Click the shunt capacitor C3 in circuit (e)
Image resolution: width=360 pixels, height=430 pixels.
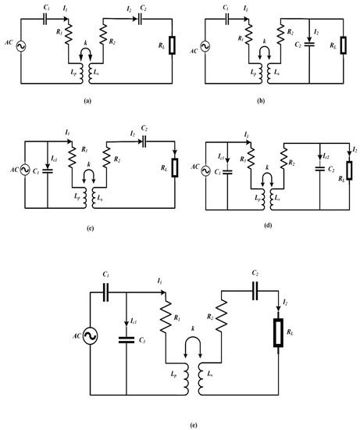[x=125, y=339]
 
